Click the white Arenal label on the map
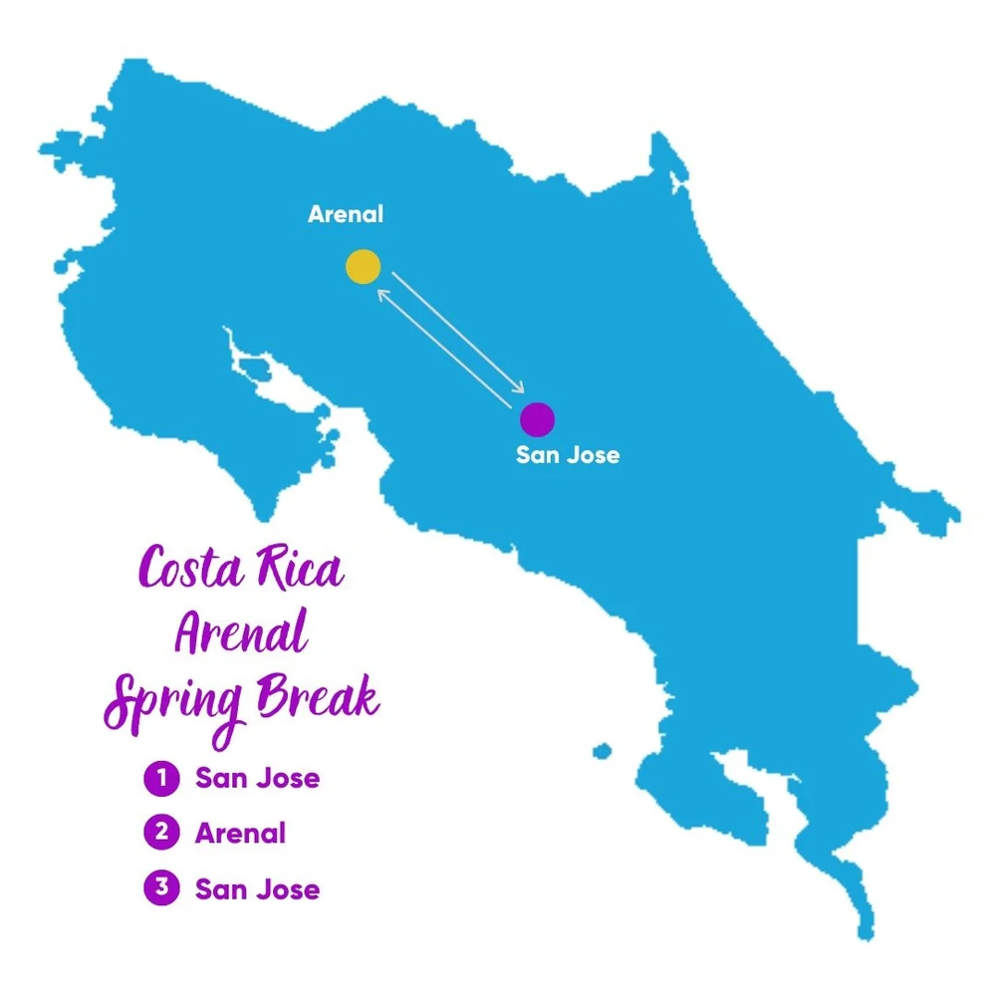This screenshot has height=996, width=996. pyautogui.click(x=346, y=214)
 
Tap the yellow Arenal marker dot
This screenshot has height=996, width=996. pyautogui.click(x=363, y=267)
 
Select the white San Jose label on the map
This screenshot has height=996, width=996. pyautogui.click(x=568, y=455)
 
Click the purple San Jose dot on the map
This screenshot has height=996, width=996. pyautogui.click(x=537, y=419)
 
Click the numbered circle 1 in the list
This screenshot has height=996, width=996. pyautogui.click(x=160, y=778)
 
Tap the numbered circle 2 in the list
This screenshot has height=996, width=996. pyautogui.click(x=160, y=833)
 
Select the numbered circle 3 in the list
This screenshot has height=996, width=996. pyautogui.click(x=160, y=888)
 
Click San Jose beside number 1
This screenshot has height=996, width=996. pyautogui.click(x=257, y=778)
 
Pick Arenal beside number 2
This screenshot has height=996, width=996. pyautogui.click(x=240, y=833)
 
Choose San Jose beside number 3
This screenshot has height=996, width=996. pyautogui.click(x=257, y=888)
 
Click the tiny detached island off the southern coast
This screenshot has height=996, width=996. pyautogui.click(x=601, y=750)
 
